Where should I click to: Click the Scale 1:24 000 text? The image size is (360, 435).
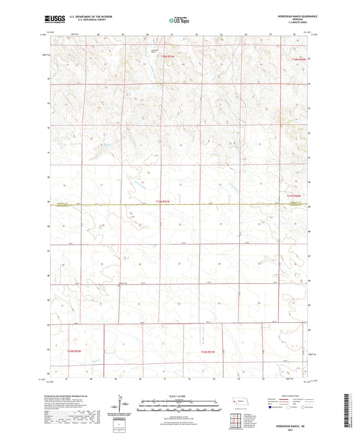(x=178, y=396)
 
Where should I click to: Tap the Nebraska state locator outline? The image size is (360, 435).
(x=240, y=402)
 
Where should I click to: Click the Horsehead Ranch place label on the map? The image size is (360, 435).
(x=155, y=51)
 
